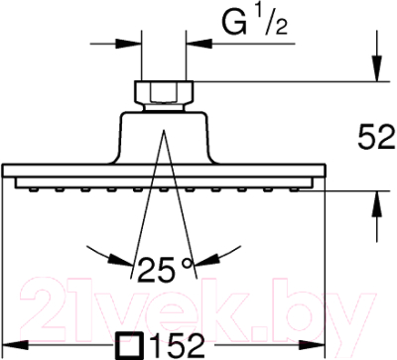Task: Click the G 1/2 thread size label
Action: (254, 23)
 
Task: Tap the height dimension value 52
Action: (376, 137)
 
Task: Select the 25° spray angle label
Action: (165, 270)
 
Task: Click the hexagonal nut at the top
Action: (164, 93)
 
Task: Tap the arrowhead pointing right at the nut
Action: (128, 44)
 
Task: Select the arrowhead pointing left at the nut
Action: (199, 44)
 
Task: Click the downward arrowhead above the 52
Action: (376, 68)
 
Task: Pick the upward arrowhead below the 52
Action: (376, 203)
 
